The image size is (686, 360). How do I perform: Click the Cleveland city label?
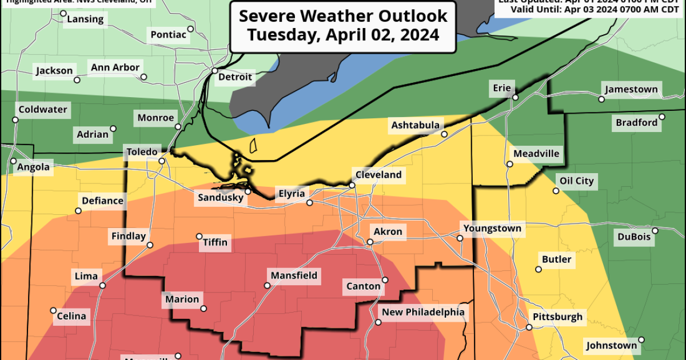click(x=378, y=175)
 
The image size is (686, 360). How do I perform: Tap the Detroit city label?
click(x=234, y=77)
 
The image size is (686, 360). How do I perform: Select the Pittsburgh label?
click(x=557, y=317)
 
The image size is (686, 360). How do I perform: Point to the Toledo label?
click(x=141, y=152)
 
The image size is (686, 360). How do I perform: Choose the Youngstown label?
click(x=492, y=229)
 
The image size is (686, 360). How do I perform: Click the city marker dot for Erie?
click(x=515, y=98)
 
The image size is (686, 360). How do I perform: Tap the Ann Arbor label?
click(x=115, y=67)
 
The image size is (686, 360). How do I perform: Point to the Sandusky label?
click(x=220, y=198)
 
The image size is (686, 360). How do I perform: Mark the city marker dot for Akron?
click(x=370, y=242)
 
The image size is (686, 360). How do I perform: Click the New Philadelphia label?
click(x=423, y=312)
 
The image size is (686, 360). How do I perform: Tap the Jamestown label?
click(x=631, y=90)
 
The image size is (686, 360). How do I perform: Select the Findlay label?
click(x=129, y=236)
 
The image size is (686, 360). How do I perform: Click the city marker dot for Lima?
click(x=103, y=286)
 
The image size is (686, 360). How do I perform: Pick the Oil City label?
click(x=576, y=181)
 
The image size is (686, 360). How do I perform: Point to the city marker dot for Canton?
click(x=385, y=280)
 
